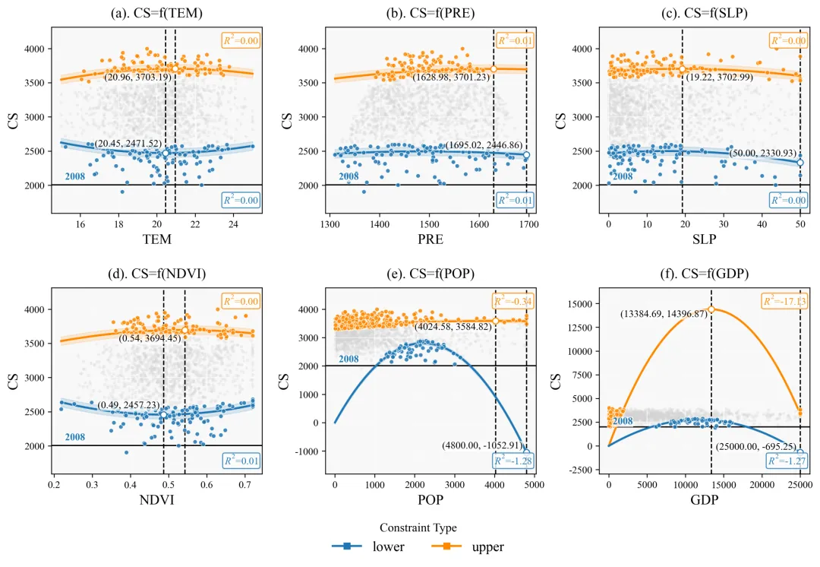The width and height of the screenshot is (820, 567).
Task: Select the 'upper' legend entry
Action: click(x=468, y=546)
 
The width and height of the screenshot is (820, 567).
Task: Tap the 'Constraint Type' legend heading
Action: click(x=418, y=527)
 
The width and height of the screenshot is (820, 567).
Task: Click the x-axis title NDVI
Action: click(x=157, y=502)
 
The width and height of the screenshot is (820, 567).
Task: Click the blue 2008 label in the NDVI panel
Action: click(x=75, y=437)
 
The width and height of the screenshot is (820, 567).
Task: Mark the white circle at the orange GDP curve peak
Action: click(x=711, y=309)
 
